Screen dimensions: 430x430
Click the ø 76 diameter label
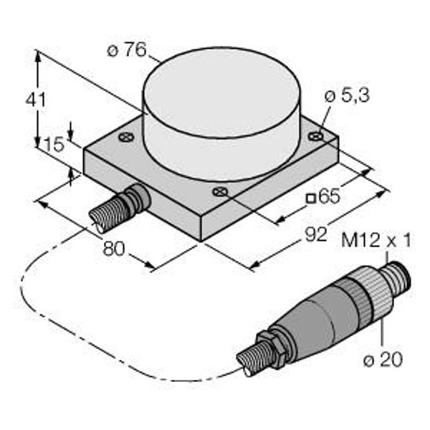tap(127, 50)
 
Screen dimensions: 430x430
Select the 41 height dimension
tap(35, 100)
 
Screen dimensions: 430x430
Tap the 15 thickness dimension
tap(54, 145)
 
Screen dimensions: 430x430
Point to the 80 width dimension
tap(113, 249)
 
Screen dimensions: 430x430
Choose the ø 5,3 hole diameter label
tap(347, 96)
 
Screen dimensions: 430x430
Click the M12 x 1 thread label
tap(376, 241)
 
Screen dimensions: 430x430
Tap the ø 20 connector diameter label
tap(383, 359)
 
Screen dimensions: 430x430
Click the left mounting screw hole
tap(126, 137)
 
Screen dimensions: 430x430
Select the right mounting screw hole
tap(315, 135)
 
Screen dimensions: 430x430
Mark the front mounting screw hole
tap(220, 191)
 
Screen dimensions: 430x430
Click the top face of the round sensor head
tap(221, 92)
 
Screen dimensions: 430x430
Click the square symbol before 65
tap(311, 199)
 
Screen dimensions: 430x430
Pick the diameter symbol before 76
tap(113, 51)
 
